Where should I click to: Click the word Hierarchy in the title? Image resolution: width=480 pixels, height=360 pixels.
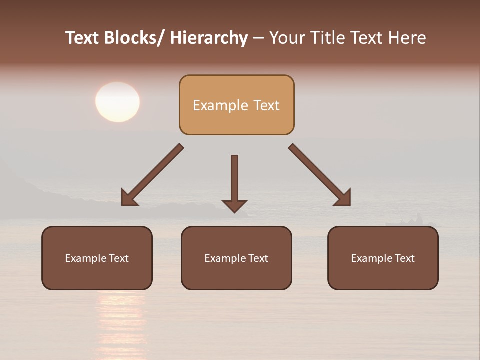tap(209, 38)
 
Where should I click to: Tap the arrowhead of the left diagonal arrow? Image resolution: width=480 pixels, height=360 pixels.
tap(129, 198)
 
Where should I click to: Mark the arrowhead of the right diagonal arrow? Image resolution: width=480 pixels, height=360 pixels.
tap(343, 198)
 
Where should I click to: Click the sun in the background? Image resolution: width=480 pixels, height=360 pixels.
tap(117, 102)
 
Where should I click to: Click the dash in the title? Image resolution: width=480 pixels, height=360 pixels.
tap(258, 38)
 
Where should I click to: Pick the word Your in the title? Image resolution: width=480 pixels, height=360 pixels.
tap(286, 38)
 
